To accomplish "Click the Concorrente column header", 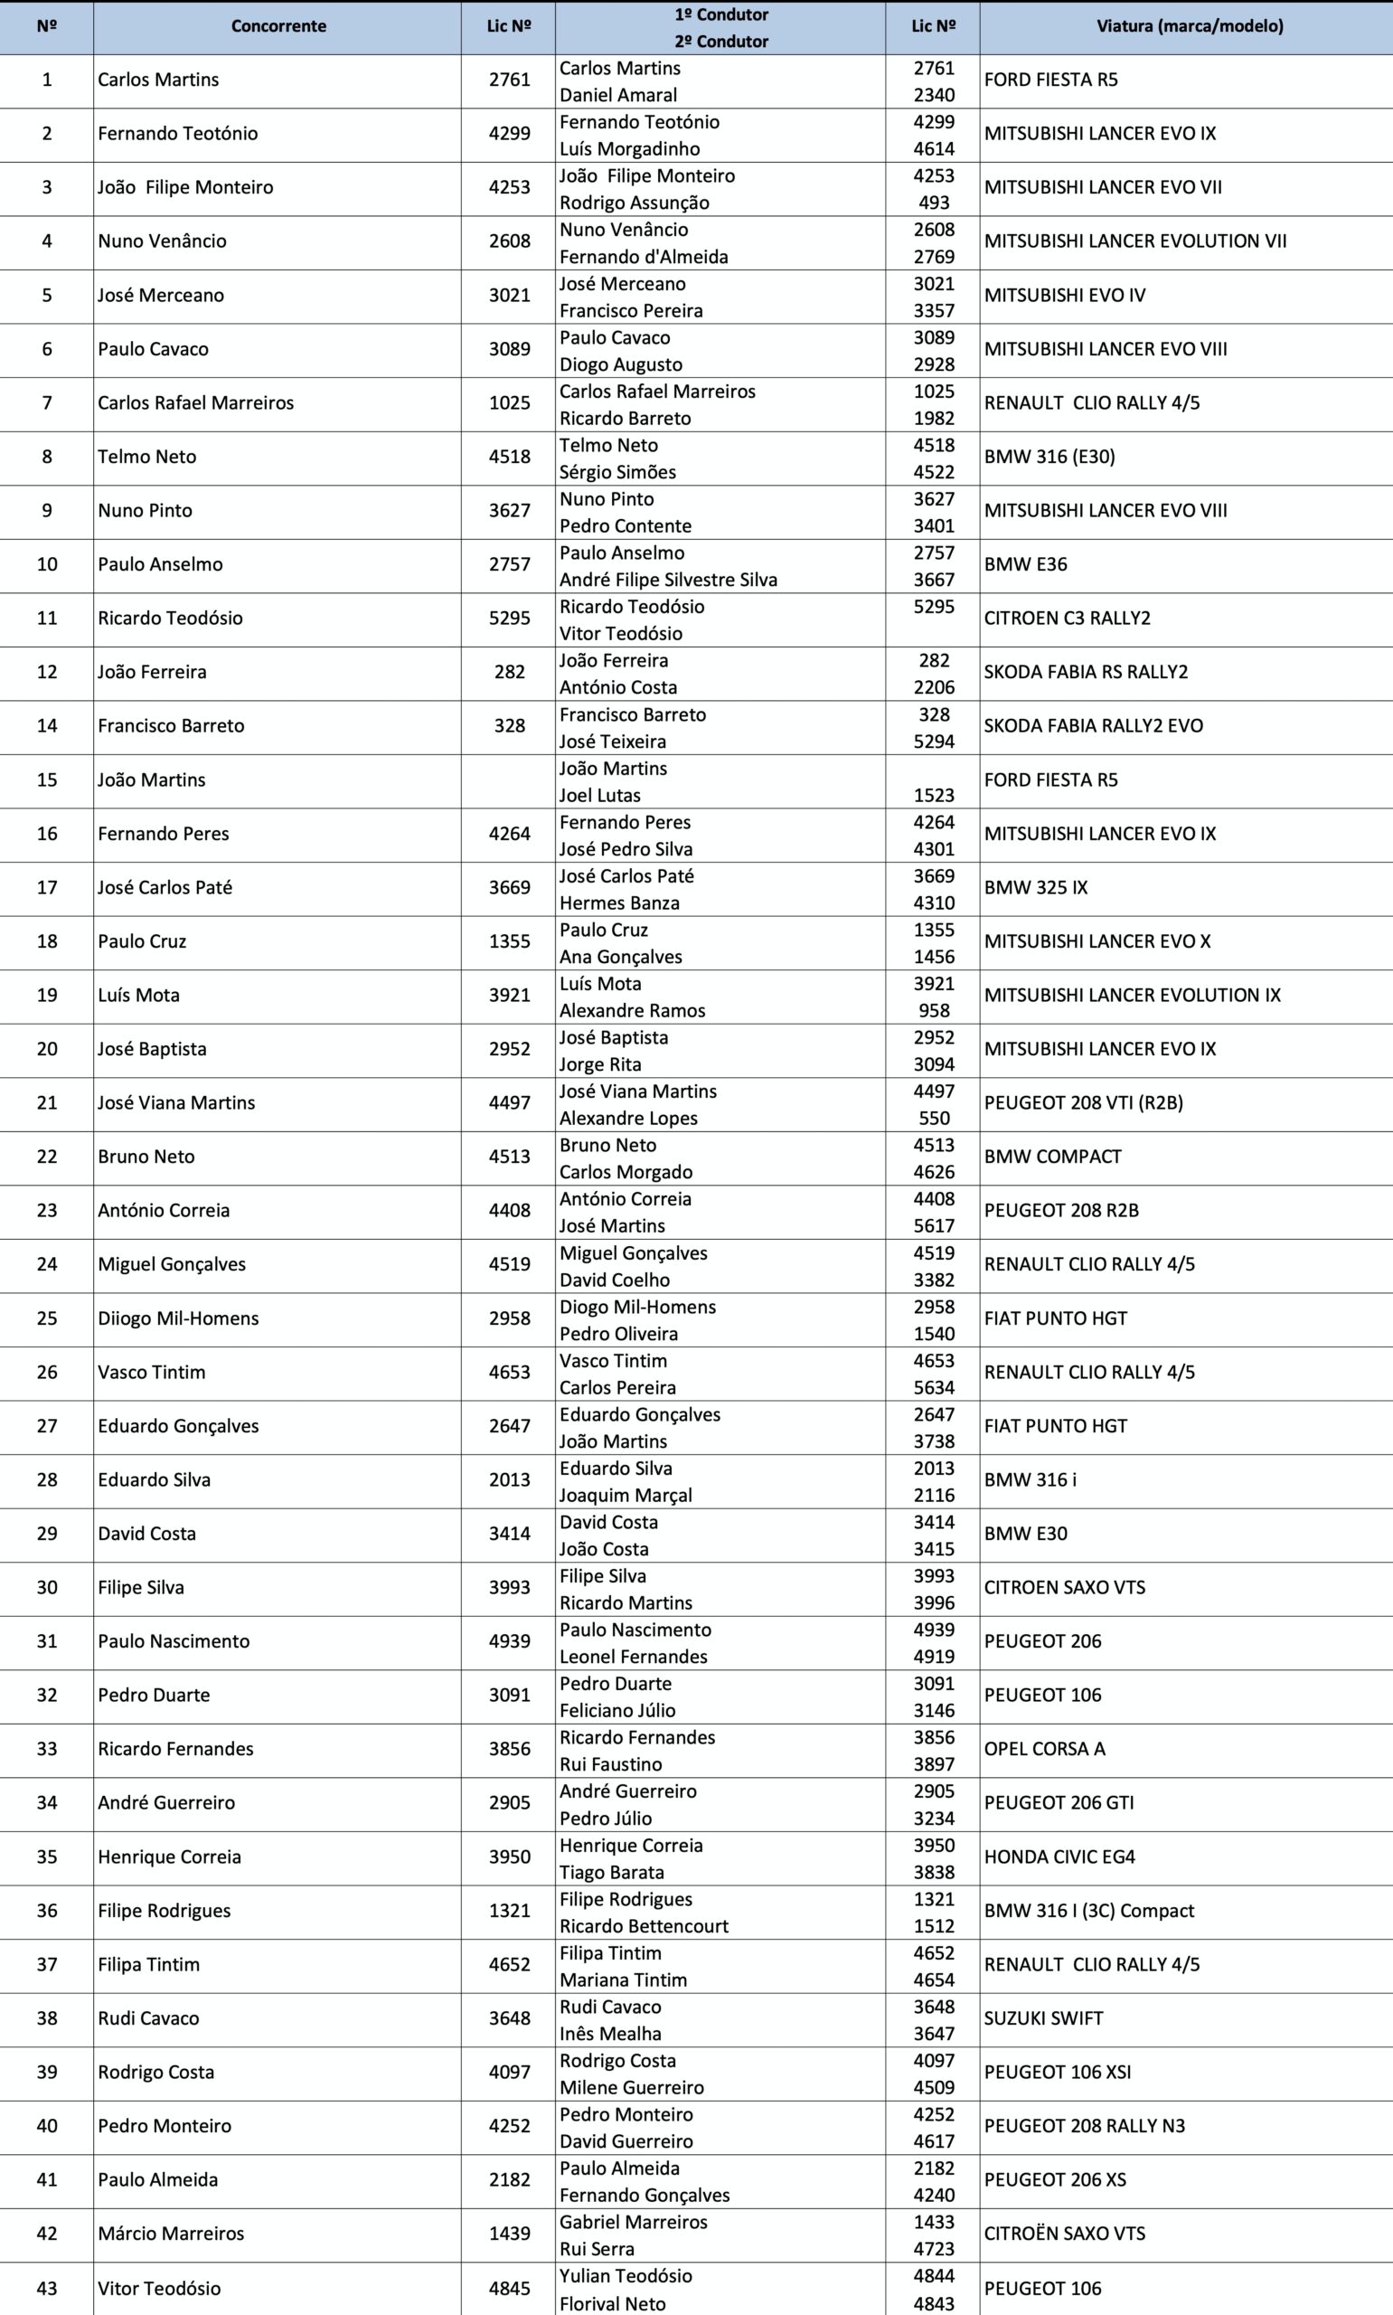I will point(278,26).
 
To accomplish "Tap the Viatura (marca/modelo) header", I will point(1190,26).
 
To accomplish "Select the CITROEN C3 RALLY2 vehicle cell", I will point(1067,618).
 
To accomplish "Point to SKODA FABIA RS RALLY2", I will point(1085,672).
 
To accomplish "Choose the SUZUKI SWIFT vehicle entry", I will point(1043,2018).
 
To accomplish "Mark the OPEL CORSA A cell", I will point(1044,1749).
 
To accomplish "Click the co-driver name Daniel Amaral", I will point(617,95).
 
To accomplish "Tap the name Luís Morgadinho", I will point(629,148).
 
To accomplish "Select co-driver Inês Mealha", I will point(610,2034).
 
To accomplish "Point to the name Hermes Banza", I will point(618,903).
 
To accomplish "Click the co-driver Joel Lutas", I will point(600,795).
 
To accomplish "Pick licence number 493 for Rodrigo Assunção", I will point(933,203).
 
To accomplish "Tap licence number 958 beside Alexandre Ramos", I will point(933,1011).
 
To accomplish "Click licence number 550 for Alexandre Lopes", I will point(933,1118).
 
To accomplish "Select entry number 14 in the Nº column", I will point(47,725).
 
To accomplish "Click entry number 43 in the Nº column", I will point(47,2289).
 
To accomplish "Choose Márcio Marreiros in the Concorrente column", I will point(171,2235).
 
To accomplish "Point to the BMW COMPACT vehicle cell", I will point(1052,1157).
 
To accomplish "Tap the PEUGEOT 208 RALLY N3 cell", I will point(1084,2126).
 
